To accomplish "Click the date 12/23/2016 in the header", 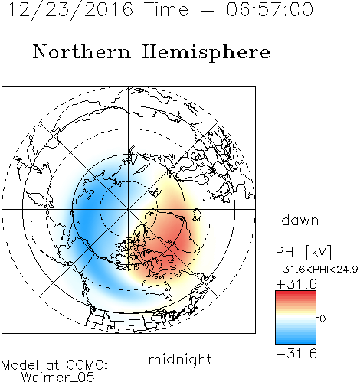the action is point(70,10).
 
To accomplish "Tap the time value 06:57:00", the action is point(270,9).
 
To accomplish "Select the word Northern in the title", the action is point(81,52).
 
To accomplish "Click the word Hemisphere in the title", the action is point(206,53).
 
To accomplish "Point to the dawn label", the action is point(300,220).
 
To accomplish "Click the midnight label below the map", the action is point(180,359).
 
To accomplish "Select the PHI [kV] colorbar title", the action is point(303,252).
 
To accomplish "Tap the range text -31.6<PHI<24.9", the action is point(317,270).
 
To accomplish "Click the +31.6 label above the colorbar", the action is point(296,284).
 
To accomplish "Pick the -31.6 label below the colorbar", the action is point(296,354).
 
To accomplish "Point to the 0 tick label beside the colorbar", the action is point(322,319).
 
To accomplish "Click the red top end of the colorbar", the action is point(296,293).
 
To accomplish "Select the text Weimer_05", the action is point(58,378).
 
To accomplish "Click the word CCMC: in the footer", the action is point(87,365).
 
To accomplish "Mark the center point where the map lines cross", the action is point(129,209).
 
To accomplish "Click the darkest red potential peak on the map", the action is point(176,243).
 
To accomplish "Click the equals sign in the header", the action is point(207,10).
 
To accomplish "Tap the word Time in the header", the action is point(166,9).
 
